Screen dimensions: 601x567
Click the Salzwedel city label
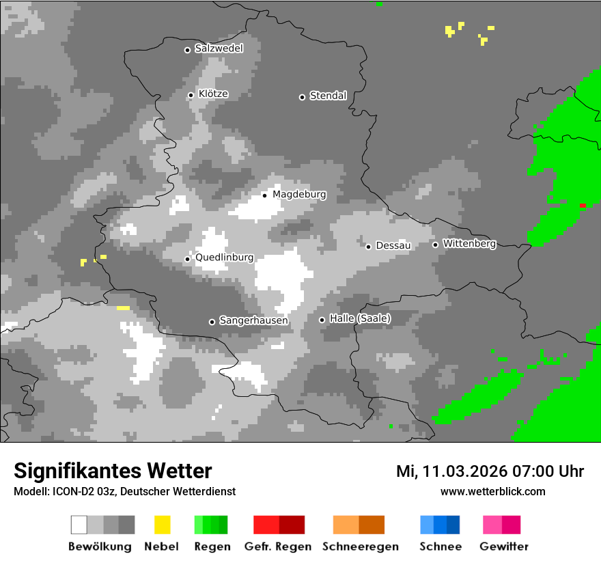point(219,49)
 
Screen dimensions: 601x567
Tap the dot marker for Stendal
point(302,97)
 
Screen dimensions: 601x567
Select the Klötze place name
point(213,94)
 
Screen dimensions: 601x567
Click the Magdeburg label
point(299,195)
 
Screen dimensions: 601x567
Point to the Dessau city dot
point(368,247)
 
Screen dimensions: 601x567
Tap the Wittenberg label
point(469,244)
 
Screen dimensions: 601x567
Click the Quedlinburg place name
point(224,258)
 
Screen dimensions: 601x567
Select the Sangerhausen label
point(253,320)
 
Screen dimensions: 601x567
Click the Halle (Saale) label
point(360,318)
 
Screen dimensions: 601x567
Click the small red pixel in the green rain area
point(583,205)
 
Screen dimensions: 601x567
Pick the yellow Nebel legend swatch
point(162,525)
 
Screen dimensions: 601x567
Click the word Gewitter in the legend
point(504,547)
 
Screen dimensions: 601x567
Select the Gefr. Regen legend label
point(278,547)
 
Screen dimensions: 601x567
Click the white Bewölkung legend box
point(79,525)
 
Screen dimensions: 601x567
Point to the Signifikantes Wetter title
point(113,471)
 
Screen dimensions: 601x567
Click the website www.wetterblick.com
point(492,492)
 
